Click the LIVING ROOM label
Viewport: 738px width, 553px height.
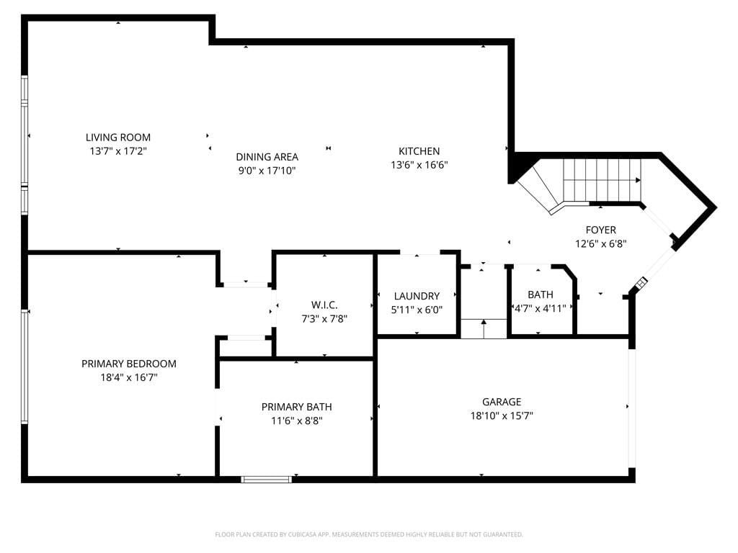(x=118, y=138)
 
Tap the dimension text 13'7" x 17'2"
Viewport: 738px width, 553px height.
(x=118, y=151)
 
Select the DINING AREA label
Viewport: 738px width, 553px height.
(x=267, y=157)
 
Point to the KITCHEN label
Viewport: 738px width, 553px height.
(x=419, y=151)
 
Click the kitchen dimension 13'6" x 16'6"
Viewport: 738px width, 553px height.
(x=419, y=165)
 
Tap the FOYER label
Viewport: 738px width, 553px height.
(x=600, y=230)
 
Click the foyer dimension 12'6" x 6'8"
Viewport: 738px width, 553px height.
(x=600, y=244)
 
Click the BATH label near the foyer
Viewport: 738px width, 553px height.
(x=541, y=295)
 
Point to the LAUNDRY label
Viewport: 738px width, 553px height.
(x=417, y=296)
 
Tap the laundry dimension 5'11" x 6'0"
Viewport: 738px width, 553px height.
(x=417, y=310)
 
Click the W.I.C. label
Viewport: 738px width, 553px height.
(x=324, y=305)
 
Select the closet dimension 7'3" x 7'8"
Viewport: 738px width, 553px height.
(x=324, y=319)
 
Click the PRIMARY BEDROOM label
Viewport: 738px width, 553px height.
(x=128, y=364)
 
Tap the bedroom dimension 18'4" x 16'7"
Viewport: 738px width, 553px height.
(x=128, y=377)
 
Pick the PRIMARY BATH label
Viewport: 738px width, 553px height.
(x=296, y=407)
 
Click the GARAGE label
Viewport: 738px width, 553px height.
(x=502, y=402)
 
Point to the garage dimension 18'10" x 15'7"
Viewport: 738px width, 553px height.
(x=502, y=415)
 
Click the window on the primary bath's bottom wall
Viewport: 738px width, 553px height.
(x=267, y=479)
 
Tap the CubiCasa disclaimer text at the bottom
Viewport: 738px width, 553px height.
(x=369, y=534)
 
